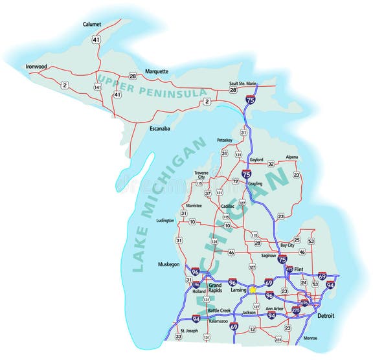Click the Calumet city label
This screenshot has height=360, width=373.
tap(92, 24)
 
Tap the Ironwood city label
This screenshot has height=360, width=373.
tap(37, 66)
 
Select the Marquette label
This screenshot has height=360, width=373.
tap(157, 71)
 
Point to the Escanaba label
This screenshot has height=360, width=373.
tap(159, 128)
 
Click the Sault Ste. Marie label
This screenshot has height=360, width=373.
tap(244, 84)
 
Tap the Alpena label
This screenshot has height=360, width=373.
tap(292, 157)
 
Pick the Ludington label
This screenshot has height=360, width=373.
tap(165, 220)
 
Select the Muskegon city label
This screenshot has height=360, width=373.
tap(168, 264)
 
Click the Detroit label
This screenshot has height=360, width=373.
tap(327, 315)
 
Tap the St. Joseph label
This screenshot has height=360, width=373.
tap(188, 331)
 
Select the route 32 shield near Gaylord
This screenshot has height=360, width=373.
tap(271, 164)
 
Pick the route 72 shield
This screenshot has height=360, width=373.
tap(236, 182)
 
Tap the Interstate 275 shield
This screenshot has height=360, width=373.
tap(296, 311)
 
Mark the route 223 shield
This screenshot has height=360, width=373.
tap(278, 339)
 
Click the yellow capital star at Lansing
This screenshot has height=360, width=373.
tap(252, 290)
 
